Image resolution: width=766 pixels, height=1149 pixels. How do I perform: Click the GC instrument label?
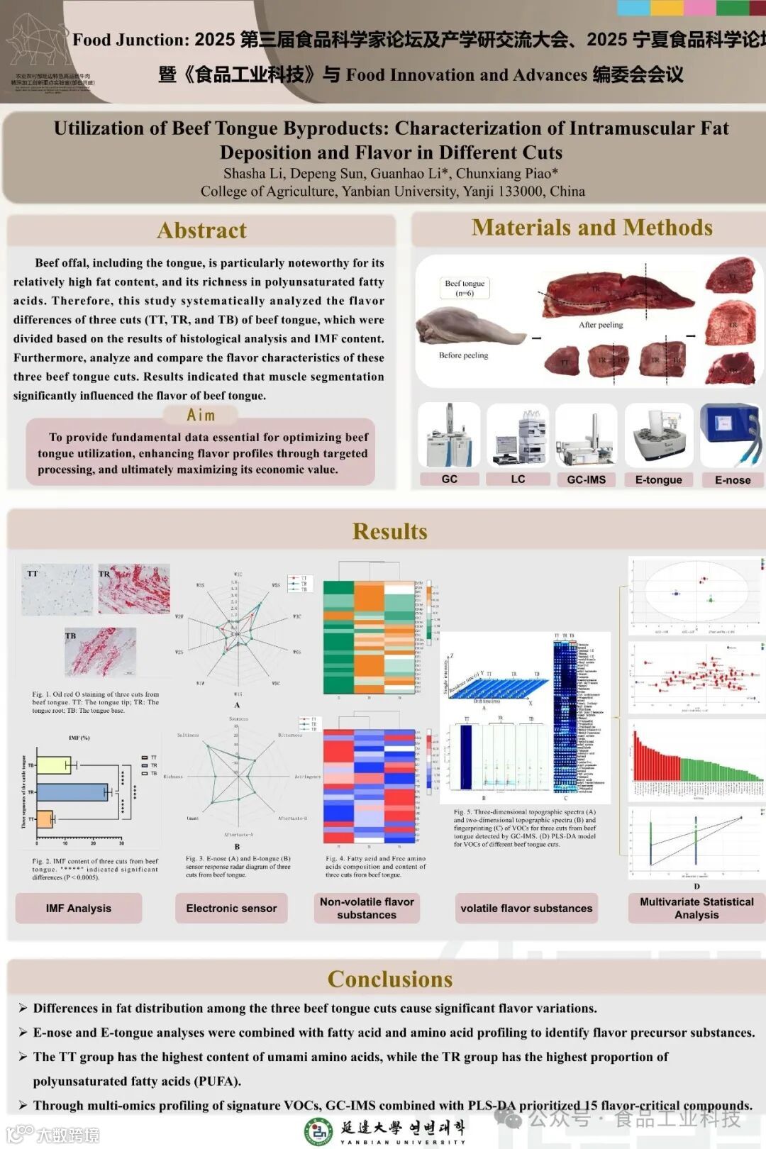(449, 479)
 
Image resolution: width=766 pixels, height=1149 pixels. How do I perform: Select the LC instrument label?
(518, 479)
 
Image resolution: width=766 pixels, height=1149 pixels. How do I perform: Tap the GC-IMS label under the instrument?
(586, 479)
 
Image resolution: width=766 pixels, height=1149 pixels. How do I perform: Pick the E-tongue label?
(658, 480)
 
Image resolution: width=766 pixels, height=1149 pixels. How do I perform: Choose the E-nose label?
(732, 480)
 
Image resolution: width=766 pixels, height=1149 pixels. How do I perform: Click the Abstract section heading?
(202, 231)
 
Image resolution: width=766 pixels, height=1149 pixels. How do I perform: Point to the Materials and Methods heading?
(592, 228)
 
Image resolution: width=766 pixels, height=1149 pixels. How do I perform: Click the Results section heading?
(389, 531)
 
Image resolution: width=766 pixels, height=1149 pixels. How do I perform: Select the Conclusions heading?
(389, 979)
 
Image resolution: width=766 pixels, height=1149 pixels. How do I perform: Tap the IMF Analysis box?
(79, 909)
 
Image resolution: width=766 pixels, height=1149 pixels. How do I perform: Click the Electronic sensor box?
(231, 909)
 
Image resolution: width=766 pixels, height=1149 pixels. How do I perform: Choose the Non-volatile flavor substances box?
(367, 909)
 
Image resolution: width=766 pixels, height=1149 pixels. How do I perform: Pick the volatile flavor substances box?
(526, 909)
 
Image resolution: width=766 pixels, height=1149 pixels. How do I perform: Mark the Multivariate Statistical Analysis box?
(696, 909)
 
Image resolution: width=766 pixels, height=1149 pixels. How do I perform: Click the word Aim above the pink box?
(201, 415)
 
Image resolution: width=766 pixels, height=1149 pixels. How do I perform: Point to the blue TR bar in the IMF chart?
(71, 792)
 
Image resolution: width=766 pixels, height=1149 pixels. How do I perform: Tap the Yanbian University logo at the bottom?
(318, 1131)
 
